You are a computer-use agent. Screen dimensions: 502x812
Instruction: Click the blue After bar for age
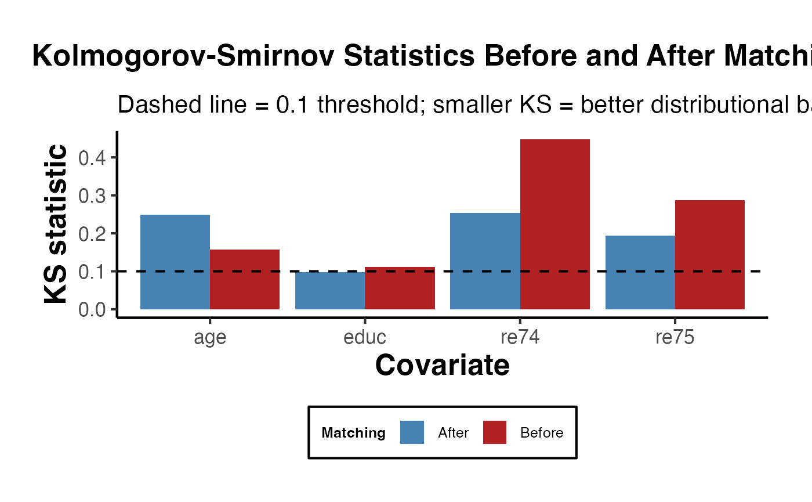[175, 262]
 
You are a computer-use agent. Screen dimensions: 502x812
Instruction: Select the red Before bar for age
[245, 279]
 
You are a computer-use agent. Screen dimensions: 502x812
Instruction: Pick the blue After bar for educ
[330, 291]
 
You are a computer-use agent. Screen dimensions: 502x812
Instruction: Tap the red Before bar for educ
[400, 288]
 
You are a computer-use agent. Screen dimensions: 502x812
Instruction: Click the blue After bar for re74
[485, 261]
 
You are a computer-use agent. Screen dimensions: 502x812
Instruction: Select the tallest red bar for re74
[555, 224]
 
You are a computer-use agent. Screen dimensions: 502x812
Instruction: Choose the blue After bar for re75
[640, 272]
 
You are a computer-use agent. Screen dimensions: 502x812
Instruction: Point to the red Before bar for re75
[710, 255]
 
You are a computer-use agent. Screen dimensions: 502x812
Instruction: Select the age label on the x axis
[210, 338]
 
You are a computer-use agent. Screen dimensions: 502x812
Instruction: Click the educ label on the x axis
[365, 338]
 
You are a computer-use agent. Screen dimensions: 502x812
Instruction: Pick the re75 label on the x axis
[675, 338]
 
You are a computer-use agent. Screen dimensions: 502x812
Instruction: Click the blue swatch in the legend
[412, 432]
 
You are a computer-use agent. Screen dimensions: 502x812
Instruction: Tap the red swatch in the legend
[495, 432]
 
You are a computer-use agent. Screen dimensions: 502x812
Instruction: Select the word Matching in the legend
[353, 433]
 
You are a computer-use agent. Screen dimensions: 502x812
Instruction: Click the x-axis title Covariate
[443, 366]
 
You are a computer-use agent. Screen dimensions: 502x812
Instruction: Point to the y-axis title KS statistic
[56, 224]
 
